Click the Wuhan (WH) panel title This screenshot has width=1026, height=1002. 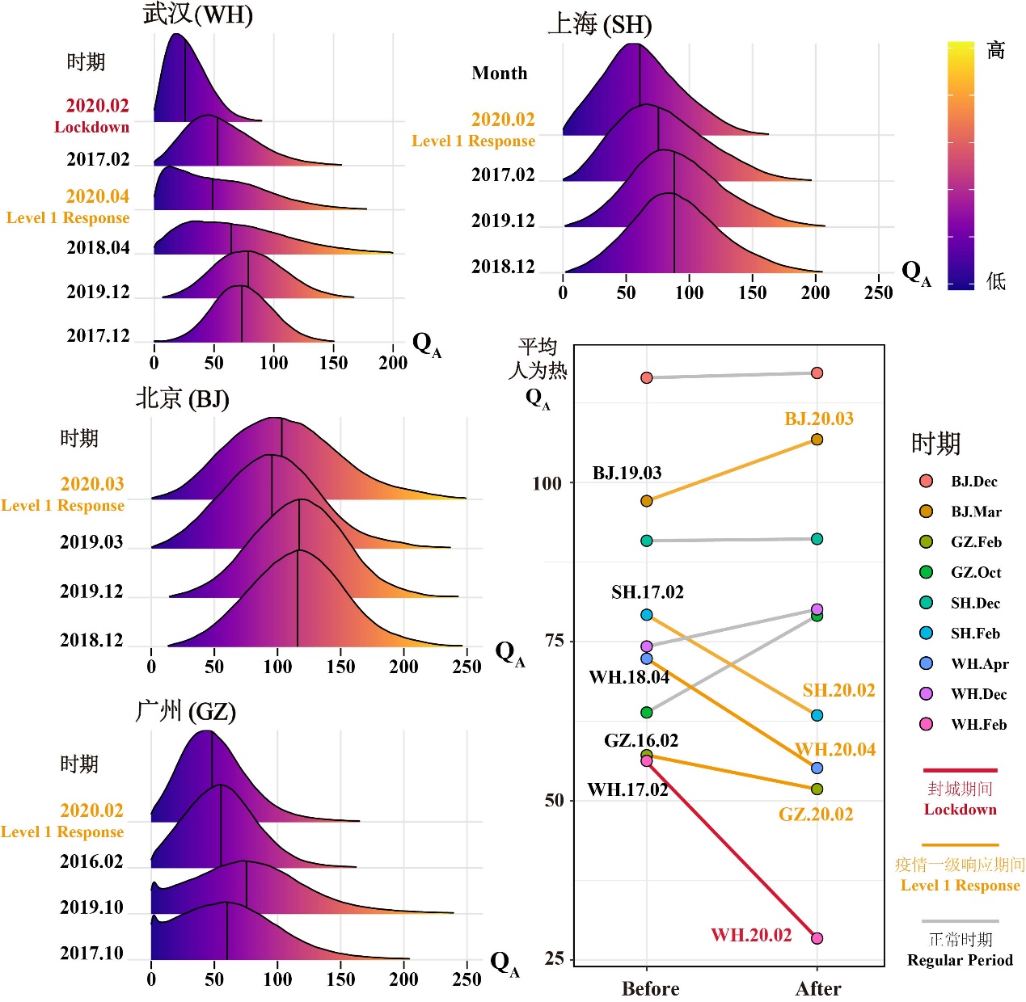pyautogui.click(x=198, y=15)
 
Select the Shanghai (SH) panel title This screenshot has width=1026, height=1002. pyautogui.click(x=600, y=24)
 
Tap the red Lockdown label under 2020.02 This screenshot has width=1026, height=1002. pyautogui.click(x=91, y=127)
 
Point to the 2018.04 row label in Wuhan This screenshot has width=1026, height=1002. pyautogui.click(x=98, y=248)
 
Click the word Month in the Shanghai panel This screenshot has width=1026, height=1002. pyautogui.click(x=500, y=74)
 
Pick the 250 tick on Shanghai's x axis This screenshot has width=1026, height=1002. pyautogui.click(x=878, y=293)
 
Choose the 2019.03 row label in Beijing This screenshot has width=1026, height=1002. pyautogui.click(x=91, y=542)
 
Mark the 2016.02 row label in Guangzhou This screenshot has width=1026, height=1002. pyautogui.click(x=91, y=861)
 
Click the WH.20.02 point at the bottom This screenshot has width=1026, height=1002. pyautogui.click(x=817, y=938)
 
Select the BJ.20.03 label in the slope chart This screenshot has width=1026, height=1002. pyautogui.click(x=819, y=419)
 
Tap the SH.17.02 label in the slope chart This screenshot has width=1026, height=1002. pyautogui.click(x=648, y=592)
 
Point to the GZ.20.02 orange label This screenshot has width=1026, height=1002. pyautogui.click(x=816, y=815)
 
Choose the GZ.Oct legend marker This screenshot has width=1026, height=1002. pyautogui.click(x=927, y=572)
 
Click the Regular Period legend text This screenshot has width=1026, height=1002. pyautogui.click(x=960, y=960)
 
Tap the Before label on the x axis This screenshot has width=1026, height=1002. pyautogui.click(x=650, y=988)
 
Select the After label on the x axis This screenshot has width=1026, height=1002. pyautogui.click(x=818, y=988)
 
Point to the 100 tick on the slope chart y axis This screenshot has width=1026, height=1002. pyautogui.click(x=547, y=483)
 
